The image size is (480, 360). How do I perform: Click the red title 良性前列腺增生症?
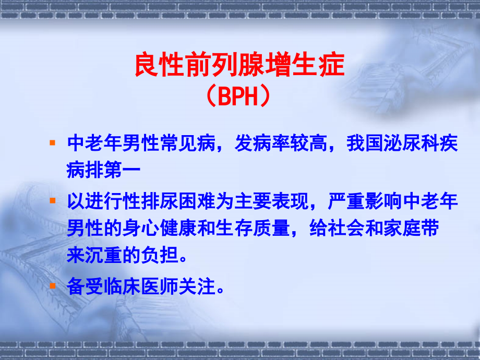[239, 66]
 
